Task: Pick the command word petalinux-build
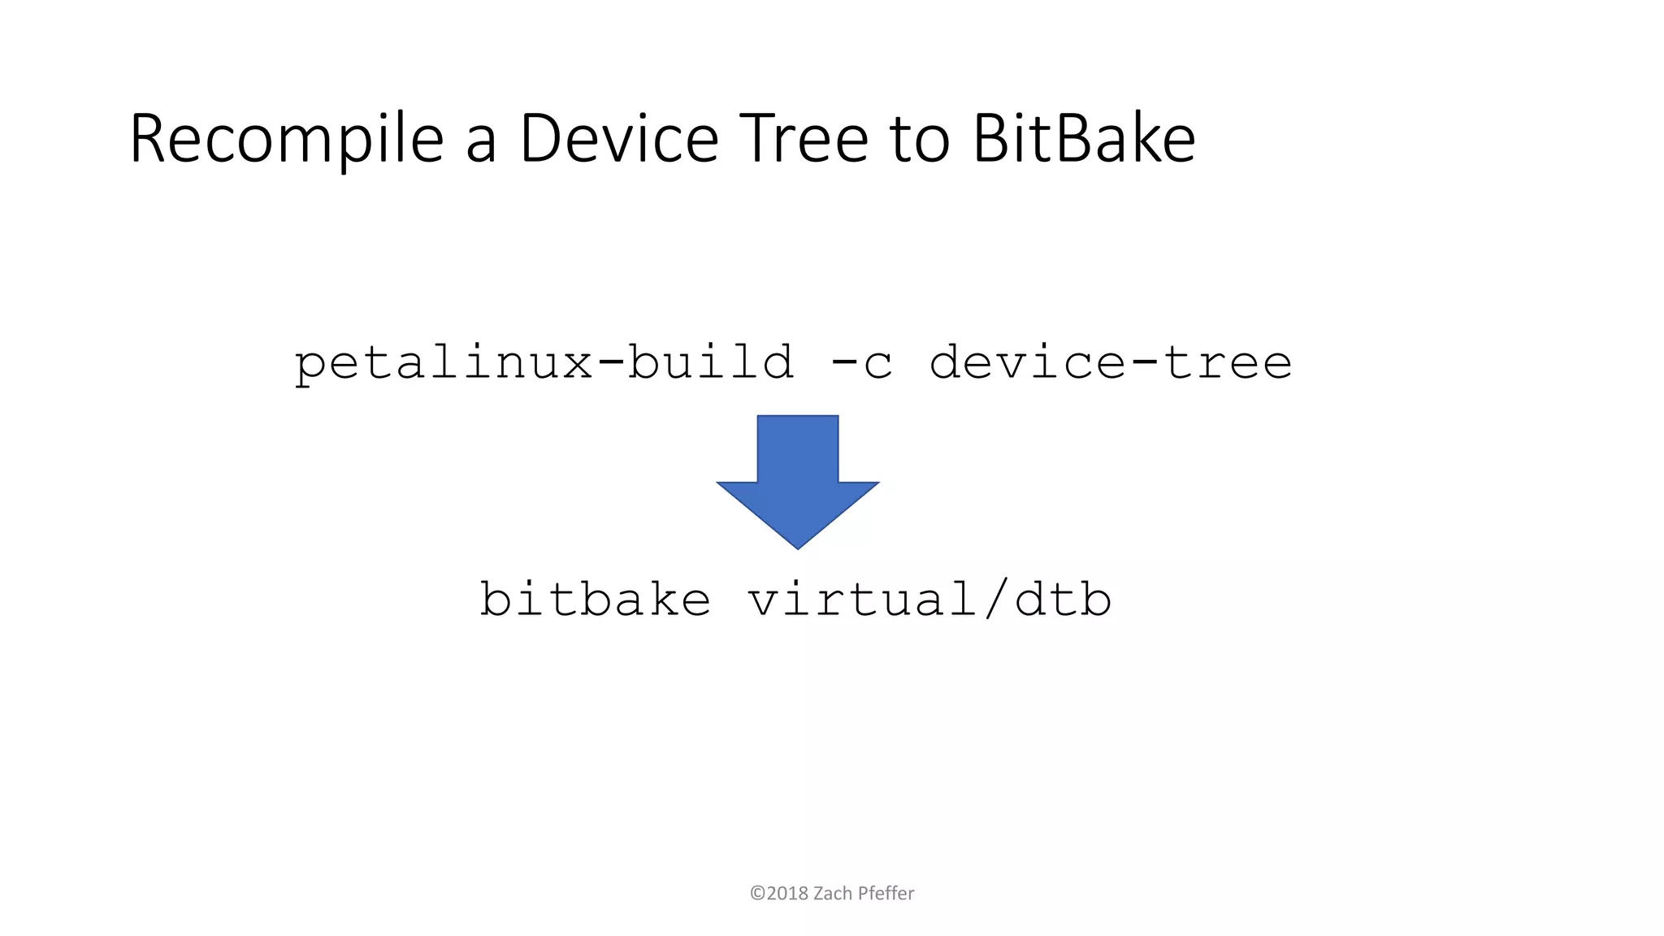tap(544, 362)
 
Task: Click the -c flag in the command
tap(861, 362)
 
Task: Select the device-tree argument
tap(1111, 362)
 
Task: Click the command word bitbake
tap(596, 600)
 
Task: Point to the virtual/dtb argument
tap(929, 600)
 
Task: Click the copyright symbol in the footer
tap(757, 894)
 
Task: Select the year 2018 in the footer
tap(787, 894)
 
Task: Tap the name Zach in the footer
tap(833, 894)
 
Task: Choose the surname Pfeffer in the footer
tap(886, 894)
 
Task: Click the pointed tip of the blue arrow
tap(798, 546)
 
